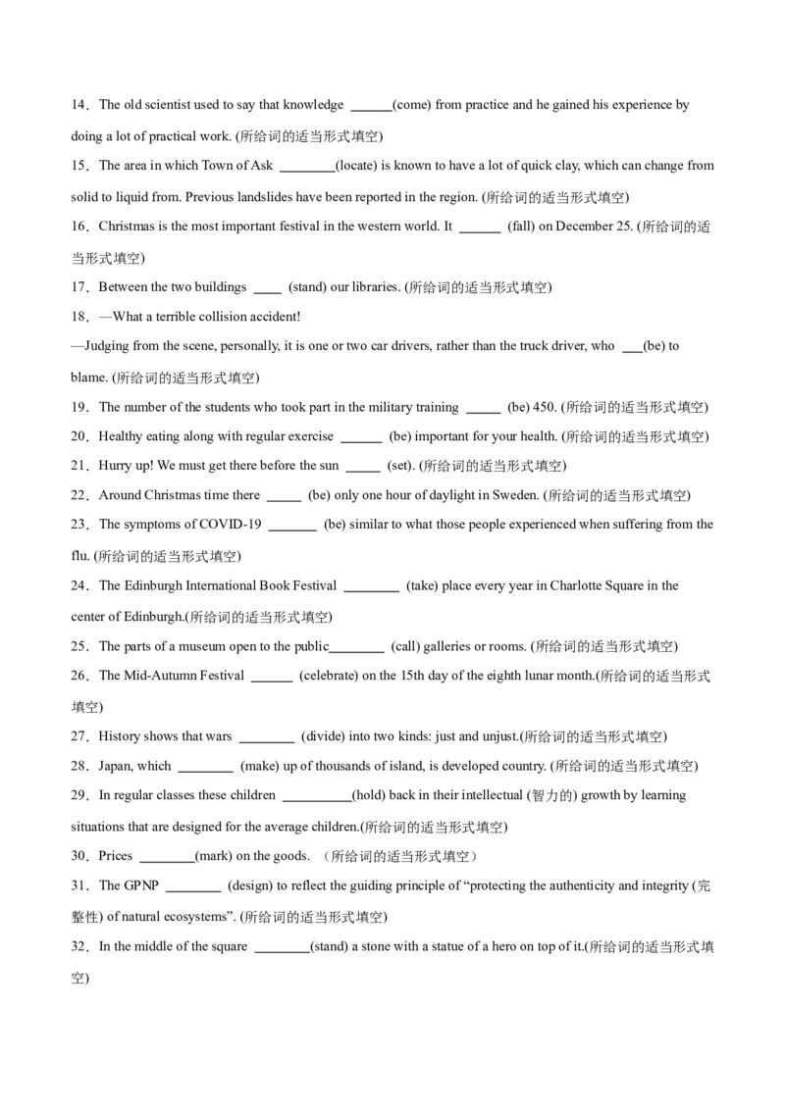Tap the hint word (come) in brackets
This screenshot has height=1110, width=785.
[412, 105]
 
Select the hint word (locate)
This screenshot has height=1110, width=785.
[357, 166]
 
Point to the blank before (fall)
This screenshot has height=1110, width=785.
[480, 227]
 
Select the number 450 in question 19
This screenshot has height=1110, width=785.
[547, 407]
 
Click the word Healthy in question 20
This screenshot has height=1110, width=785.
[121, 436]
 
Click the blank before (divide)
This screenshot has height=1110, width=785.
[267, 736]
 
